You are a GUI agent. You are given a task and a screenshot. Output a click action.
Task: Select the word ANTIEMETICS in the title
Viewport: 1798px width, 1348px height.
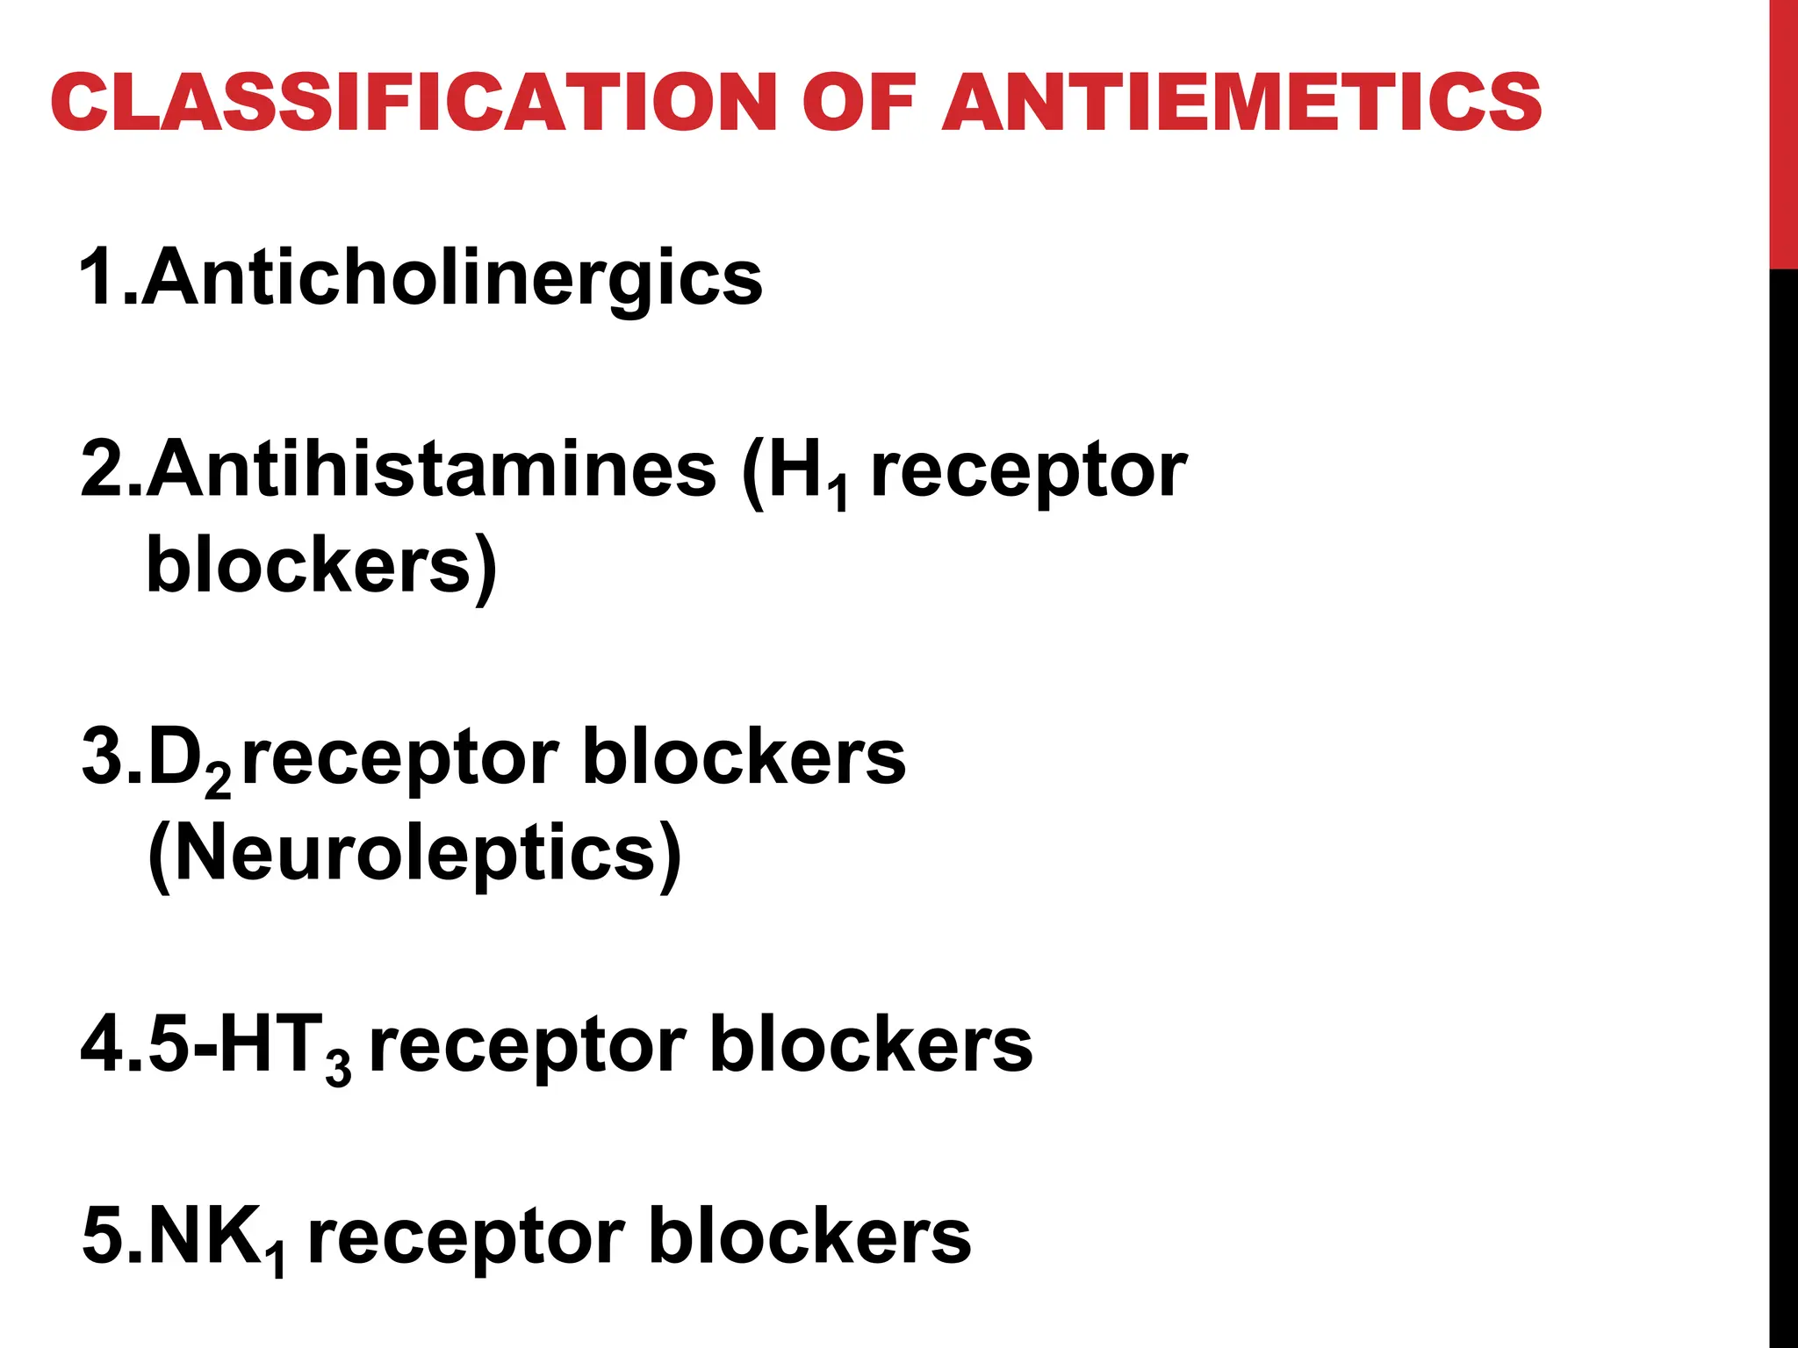point(1241,103)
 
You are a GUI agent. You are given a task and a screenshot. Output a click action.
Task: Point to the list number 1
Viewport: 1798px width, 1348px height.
point(97,277)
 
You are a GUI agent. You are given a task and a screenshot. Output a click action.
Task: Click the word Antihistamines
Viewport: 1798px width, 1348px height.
point(431,470)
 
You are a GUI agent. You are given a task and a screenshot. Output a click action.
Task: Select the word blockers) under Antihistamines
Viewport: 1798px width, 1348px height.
point(321,566)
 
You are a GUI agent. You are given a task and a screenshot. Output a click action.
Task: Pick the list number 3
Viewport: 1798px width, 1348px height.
point(102,756)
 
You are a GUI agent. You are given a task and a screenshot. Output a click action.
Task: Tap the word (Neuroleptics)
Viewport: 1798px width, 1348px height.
point(414,854)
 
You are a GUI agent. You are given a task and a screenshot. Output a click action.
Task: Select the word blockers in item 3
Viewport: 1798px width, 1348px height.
point(744,757)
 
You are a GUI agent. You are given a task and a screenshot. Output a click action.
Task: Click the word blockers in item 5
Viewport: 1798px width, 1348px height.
point(809,1236)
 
